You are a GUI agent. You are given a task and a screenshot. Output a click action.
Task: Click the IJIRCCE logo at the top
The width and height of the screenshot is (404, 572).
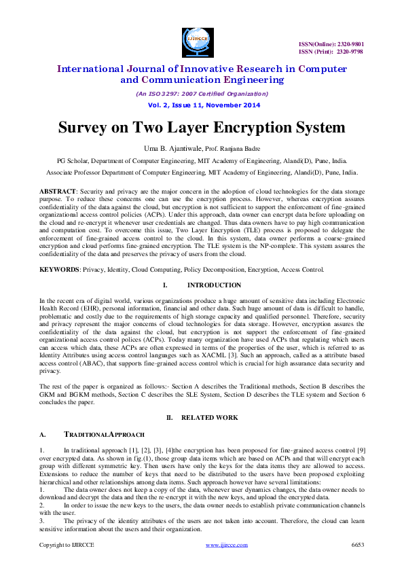point(198,41)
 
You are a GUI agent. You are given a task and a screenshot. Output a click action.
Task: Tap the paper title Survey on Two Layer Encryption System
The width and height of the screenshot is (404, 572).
point(201,128)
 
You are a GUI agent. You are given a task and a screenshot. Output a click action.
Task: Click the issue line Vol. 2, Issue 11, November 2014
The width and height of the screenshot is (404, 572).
point(201,105)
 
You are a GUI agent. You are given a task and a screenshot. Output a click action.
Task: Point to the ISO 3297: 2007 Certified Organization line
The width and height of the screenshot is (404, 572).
point(202,93)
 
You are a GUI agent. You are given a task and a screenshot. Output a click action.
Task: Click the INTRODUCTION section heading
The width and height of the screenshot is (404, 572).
point(214,285)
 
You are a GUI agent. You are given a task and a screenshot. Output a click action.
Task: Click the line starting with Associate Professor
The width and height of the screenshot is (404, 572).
point(202,173)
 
